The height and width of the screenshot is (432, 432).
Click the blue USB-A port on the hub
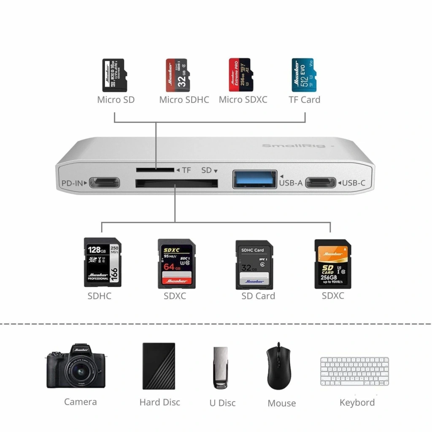tap(255, 179)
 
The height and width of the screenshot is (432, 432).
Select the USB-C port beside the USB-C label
tap(321, 183)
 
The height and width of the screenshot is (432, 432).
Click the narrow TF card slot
tap(155, 170)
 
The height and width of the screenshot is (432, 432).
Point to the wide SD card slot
tap(176, 184)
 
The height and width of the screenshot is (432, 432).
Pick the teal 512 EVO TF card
tap(303, 75)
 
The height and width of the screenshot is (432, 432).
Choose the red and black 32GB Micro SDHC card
tap(178, 75)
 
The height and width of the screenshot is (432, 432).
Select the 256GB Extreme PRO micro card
tap(240, 75)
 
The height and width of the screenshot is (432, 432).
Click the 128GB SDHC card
tap(103, 262)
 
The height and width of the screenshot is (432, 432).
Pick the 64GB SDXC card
tap(176, 264)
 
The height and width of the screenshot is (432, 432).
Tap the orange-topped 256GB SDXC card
tap(333, 264)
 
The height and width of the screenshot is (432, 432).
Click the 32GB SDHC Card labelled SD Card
tap(254, 265)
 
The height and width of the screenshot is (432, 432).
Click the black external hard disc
tap(159, 366)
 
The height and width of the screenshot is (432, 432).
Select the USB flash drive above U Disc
tap(221, 367)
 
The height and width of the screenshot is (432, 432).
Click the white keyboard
tap(354, 371)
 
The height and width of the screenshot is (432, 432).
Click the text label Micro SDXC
tap(243, 100)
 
